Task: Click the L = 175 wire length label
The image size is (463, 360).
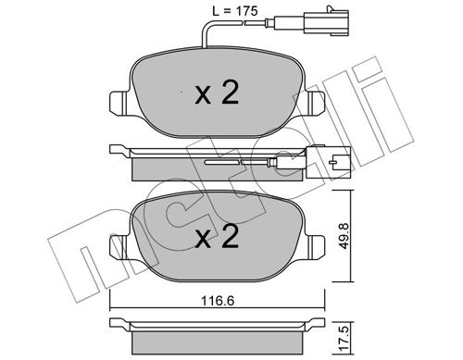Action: pos(235,11)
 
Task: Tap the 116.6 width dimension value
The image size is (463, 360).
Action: pos(218,301)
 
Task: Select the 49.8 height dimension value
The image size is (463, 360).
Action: pos(344,236)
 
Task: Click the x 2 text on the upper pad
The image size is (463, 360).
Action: pos(217,92)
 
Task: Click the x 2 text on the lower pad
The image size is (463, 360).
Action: pos(217,236)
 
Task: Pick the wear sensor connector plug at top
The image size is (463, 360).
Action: pos(327,21)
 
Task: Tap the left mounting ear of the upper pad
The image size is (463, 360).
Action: pos(119,104)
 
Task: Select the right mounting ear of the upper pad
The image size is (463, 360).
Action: pos(316,104)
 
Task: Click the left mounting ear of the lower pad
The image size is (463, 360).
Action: pos(119,248)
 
